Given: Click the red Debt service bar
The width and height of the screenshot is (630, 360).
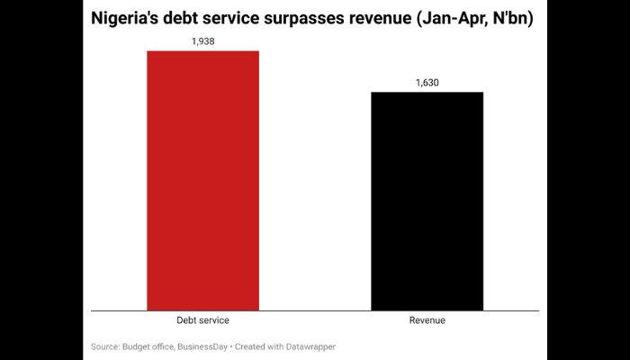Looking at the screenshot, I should [x=202, y=180].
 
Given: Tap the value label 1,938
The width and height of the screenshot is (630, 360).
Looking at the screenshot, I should [x=202, y=41].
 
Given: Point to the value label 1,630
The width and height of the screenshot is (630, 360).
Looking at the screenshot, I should [x=427, y=83].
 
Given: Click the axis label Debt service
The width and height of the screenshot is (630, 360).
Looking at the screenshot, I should [x=202, y=320].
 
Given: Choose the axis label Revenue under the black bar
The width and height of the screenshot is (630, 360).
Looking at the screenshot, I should [x=427, y=320].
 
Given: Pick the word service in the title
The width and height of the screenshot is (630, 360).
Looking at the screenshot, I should [x=254, y=20].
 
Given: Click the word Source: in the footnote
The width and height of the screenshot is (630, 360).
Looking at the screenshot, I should [x=106, y=346].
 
